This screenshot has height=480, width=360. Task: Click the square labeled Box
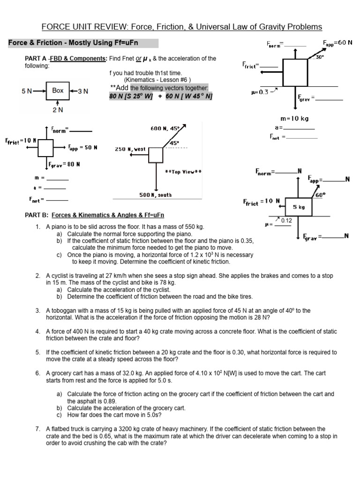(58, 90)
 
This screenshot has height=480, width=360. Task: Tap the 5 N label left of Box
(27, 91)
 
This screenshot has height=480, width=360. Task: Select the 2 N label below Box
(58, 110)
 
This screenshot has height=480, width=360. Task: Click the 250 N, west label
(130, 149)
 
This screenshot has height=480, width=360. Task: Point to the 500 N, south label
(156, 195)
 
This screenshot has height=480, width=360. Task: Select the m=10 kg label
(294, 119)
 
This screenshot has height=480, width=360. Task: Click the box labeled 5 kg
(299, 207)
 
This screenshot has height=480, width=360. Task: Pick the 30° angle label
(320, 57)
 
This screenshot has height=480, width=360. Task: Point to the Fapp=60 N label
(337, 43)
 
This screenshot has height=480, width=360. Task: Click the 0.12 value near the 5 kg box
(286, 220)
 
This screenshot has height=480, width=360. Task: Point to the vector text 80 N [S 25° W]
(131, 96)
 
